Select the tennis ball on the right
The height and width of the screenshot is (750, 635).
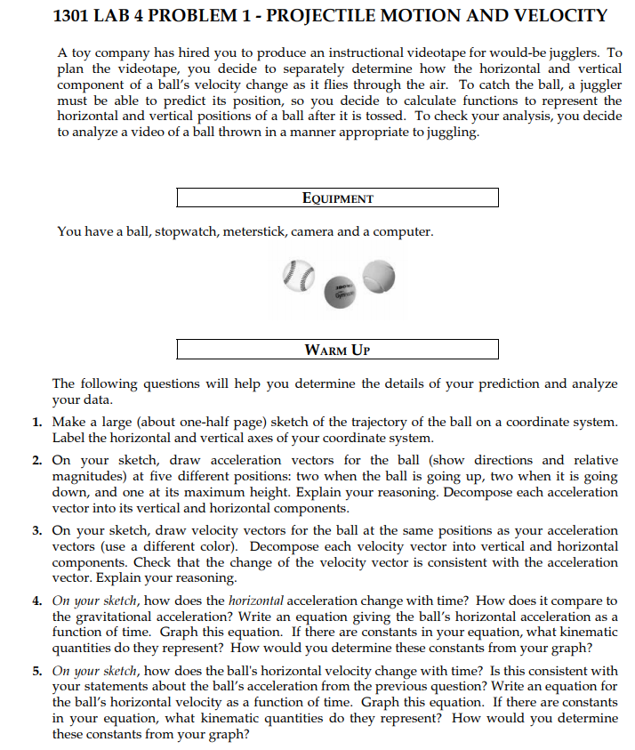coord(377,274)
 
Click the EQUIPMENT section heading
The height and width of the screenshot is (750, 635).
coord(337,198)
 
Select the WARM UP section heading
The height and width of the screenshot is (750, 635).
coord(337,349)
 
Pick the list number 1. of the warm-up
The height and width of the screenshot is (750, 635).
coord(38,423)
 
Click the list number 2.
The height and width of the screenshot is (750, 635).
coord(38,461)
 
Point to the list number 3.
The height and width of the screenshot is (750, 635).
coord(38,531)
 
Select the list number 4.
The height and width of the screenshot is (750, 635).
coord(38,601)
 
